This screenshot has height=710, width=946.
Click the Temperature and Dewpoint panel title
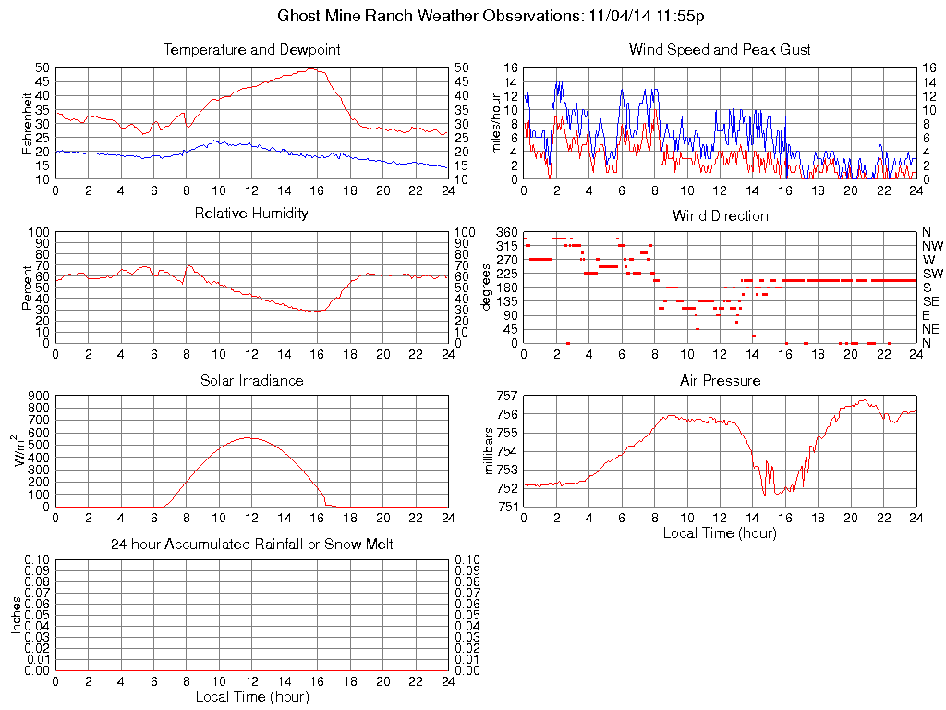(x=251, y=49)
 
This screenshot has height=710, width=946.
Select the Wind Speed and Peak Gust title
(x=720, y=49)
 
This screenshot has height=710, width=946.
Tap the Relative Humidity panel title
(x=251, y=214)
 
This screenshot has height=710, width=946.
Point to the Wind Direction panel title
(x=720, y=215)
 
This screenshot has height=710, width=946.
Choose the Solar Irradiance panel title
(x=251, y=380)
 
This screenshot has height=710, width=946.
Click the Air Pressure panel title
(x=720, y=380)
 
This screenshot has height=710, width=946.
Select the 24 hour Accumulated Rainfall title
(x=251, y=545)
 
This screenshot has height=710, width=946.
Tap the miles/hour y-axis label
(x=495, y=123)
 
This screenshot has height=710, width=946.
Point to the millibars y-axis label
(x=491, y=451)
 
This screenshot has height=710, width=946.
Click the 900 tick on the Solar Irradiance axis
(x=39, y=396)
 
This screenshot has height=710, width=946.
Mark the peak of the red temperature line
(x=312, y=68)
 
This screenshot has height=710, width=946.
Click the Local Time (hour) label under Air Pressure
(x=720, y=532)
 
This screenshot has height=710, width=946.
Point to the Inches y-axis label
(x=17, y=615)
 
